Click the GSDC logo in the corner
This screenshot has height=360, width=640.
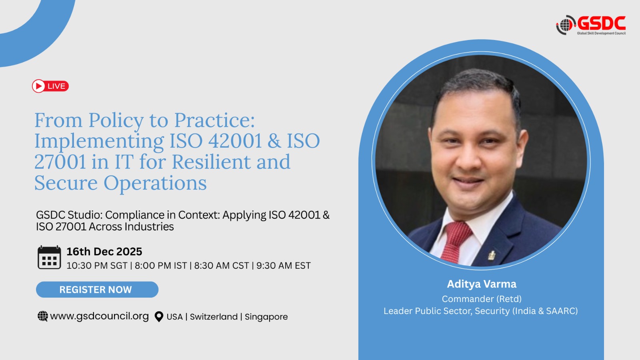pos(591,25)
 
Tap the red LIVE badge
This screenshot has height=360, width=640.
pos(50,86)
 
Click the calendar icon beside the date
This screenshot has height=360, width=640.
pos(49,257)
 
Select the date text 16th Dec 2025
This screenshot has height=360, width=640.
pos(104,252)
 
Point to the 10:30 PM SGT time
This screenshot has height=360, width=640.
pos(97,266)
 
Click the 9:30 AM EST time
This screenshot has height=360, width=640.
pos(284,266)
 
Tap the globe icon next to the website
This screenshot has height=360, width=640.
pos(43,316)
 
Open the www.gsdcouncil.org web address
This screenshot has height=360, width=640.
pos(100,316)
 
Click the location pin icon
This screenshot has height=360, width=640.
pos(159,316)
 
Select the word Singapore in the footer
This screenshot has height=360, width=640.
pos(266,317)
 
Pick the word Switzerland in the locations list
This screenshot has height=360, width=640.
pos(214,316)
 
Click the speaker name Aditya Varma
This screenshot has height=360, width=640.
pos(482,284)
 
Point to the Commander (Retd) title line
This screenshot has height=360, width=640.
pos(482,299)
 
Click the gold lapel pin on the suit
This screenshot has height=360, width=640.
pos(492,255)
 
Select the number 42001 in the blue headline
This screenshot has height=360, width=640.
pos(235,141)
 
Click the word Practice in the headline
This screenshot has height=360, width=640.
pos(214,120)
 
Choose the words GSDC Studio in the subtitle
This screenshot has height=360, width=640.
pos(71,215)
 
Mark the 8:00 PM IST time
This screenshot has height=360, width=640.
pos(161,266)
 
